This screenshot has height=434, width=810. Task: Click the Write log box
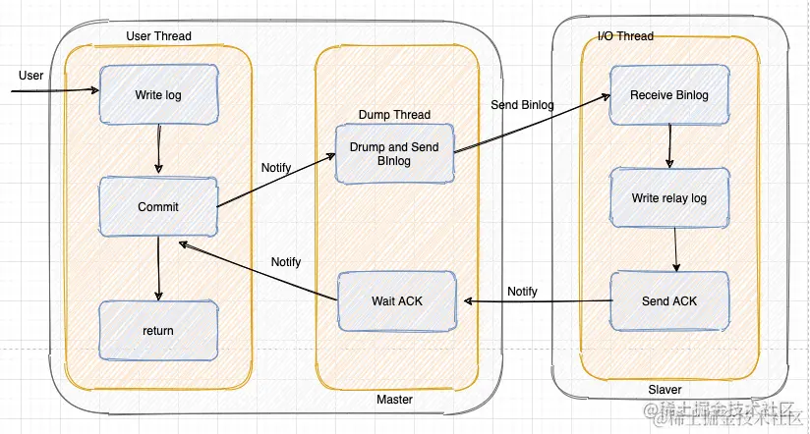coord(157,95)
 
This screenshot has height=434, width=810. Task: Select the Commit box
coord(157,207)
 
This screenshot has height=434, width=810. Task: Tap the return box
coord(157,330)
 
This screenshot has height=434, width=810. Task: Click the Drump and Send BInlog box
coord(394,154)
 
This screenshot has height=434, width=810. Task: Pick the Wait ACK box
coord(396,299)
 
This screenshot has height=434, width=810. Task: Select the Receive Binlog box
coord(668,95)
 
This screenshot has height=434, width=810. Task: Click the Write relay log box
coord(668,198)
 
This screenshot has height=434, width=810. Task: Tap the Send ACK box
coord(669,300)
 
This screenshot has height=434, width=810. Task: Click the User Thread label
coord(159,36)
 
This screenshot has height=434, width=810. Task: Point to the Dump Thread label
coord(394,115)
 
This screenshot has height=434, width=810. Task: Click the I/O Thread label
coord(625,36)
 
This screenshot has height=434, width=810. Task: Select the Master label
coord(394,400)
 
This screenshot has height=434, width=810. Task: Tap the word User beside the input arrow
coord(31,76)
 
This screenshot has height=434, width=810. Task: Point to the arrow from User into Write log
coord(54,91)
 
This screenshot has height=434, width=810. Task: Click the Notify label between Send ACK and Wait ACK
coord(522,291)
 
